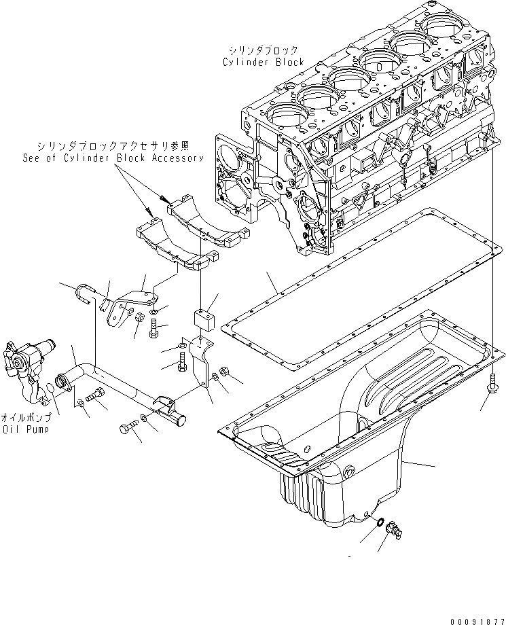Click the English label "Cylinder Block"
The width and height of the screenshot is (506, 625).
[x=264, y=62]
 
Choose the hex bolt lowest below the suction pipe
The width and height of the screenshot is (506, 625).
[x=128, y=429]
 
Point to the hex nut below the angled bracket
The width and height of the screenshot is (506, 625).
[x=140, y=317]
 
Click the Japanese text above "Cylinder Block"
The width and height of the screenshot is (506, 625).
[x=264, y=51]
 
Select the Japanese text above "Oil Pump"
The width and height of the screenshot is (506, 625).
[x=28, y=417]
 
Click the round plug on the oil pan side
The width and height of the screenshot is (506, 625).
[x=349, y=471]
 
